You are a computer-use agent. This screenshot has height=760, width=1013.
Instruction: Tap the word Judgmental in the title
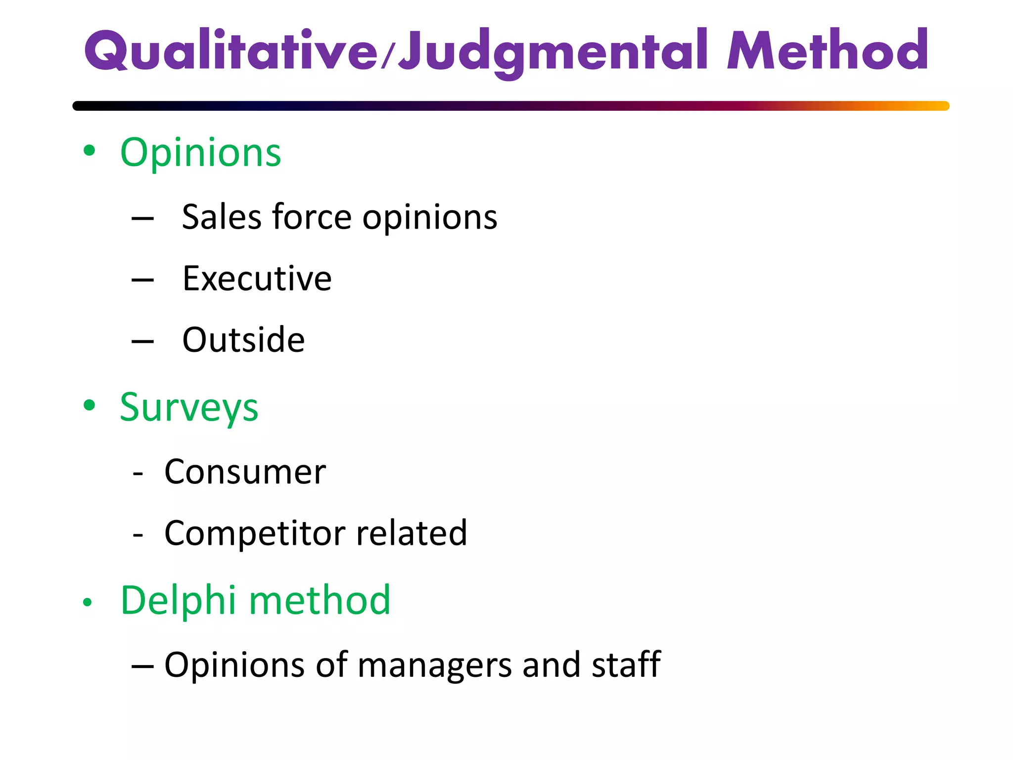[554, 52]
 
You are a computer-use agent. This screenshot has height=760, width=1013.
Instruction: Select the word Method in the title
[827, 50]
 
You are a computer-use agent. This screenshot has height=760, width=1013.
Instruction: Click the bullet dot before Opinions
[89, 151]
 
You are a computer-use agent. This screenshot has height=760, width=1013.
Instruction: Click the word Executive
[257, 278]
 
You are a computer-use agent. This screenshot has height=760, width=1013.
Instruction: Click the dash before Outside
[142, 341]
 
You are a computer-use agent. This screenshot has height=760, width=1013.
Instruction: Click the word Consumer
[245, 472]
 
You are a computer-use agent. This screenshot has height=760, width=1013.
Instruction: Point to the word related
[411, 533]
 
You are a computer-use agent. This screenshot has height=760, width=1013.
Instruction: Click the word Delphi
[178, 600]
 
